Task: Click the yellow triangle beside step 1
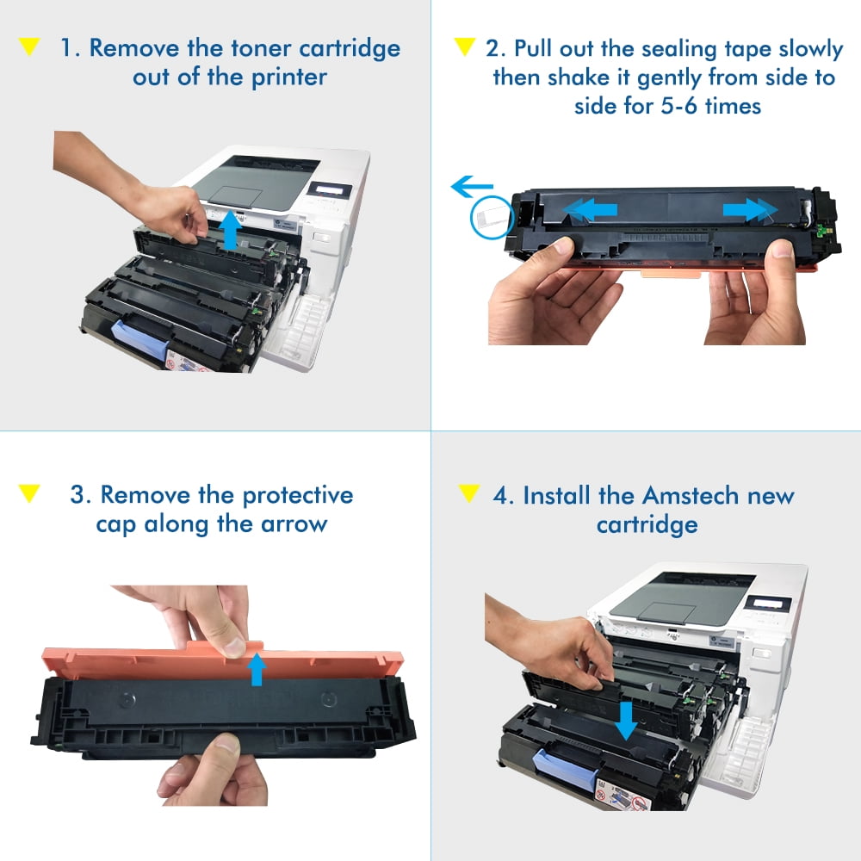29,46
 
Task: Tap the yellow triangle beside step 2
465,46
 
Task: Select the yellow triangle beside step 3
29,493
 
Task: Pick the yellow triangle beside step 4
469,493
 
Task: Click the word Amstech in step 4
691,495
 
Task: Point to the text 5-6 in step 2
678,105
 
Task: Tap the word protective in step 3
298,496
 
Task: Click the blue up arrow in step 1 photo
231,230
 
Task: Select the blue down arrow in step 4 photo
625,721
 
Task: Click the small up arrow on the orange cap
257,668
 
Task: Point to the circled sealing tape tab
492,218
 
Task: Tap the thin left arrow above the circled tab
472,187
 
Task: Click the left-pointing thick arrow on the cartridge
590,210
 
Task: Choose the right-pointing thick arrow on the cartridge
750,210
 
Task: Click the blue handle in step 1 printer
140,338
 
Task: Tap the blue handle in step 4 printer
566,769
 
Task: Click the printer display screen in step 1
331,190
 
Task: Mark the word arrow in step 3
294,524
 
